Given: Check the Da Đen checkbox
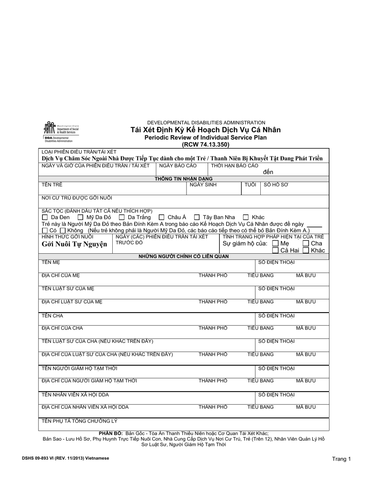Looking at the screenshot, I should pyautogui.click(x=45, y=217).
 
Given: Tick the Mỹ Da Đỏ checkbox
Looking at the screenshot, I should pyautogui.click(x=80, y=217).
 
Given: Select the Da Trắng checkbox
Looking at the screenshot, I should pyautogui.click(x=122, y=217).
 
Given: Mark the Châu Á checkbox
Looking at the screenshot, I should pyautogui.click(x=161, y=217).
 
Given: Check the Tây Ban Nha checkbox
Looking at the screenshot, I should pyautogui.click(x=197, y=217).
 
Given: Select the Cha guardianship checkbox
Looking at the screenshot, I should pyautogui.click(x=306, y=243).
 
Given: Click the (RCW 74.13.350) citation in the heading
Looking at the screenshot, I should pyautogui.click(x=205, y=144).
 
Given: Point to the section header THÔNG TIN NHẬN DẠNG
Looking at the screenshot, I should pyautogui.click(x=183, y=179).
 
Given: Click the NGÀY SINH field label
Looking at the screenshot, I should pyautogui.click(x=203, y=185).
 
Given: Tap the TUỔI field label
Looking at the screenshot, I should pyautogui.click(x=250, y=185).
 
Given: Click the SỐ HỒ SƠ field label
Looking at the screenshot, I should pyautogui.click(x=276, y=185).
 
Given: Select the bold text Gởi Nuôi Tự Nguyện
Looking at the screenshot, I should pyautogui.click(x=74, y=244).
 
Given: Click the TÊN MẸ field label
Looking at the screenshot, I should pyautogui.click(x=51, y=262).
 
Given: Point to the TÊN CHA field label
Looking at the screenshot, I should pyautogui.click(x=52, y=316).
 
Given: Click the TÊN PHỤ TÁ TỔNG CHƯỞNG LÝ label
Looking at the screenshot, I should pyautogui.click(x=80, y=421).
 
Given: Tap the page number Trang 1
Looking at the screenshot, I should pyautogui.click(x=341, y=459).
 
